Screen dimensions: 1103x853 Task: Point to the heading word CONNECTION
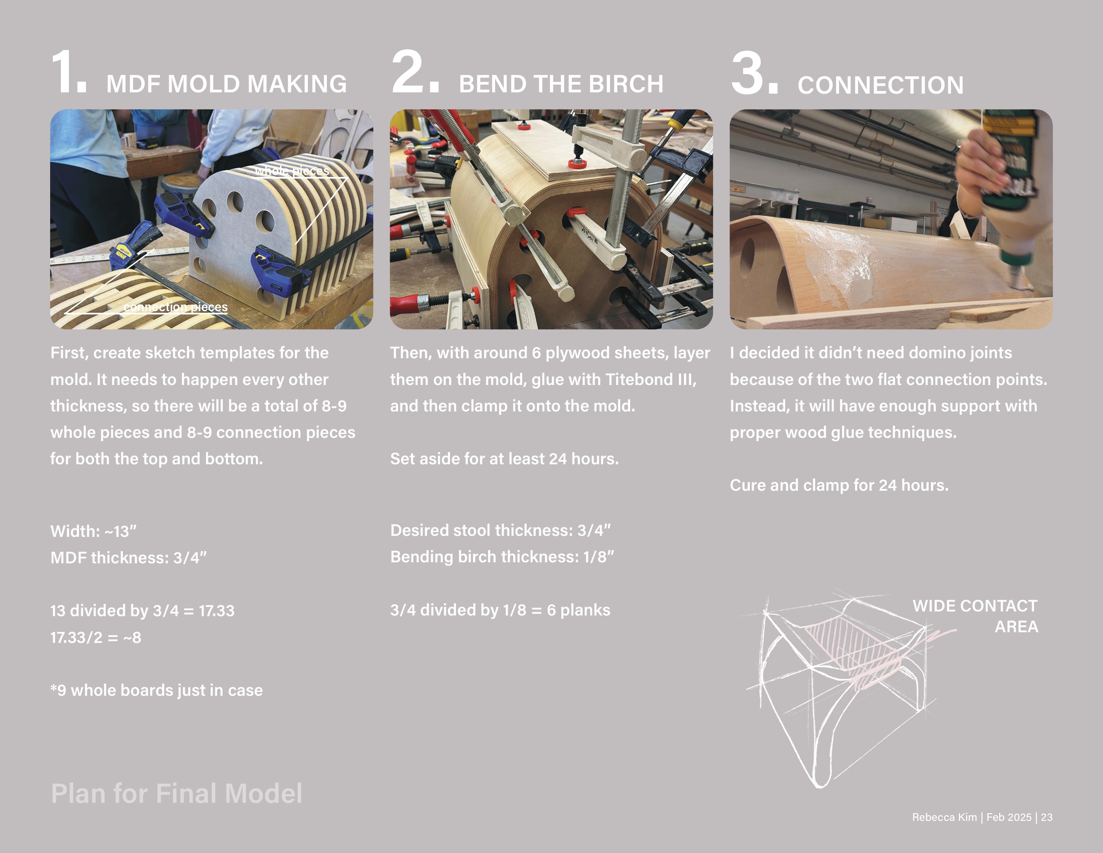pyautogui.click(x=880, y=85)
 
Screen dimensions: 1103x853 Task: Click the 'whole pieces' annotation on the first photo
pyautogui.click(x=292, y=171)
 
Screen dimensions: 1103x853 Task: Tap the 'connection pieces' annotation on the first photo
pyautogui.click(x=175, y=307)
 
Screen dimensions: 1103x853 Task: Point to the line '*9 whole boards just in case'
pyautogui.click(x=156, y=690)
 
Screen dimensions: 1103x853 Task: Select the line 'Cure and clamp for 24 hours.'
pyautogui.click(x=839, y=485)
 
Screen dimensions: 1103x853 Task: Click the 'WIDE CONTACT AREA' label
pyautogui.click(x=975, y=616)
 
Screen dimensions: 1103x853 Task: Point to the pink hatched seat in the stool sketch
pyautogui.click(x=854, y=649)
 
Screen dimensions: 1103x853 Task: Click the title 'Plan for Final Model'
pyautogui.click(x=177, y=793)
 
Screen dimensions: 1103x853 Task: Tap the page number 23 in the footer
pyautogui.click(x=1047, y=817)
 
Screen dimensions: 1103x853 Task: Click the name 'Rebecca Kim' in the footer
pyautogui.click(x=944, y=817)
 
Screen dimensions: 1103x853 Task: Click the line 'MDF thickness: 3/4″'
pyautogui.click(x=129, y=557)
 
